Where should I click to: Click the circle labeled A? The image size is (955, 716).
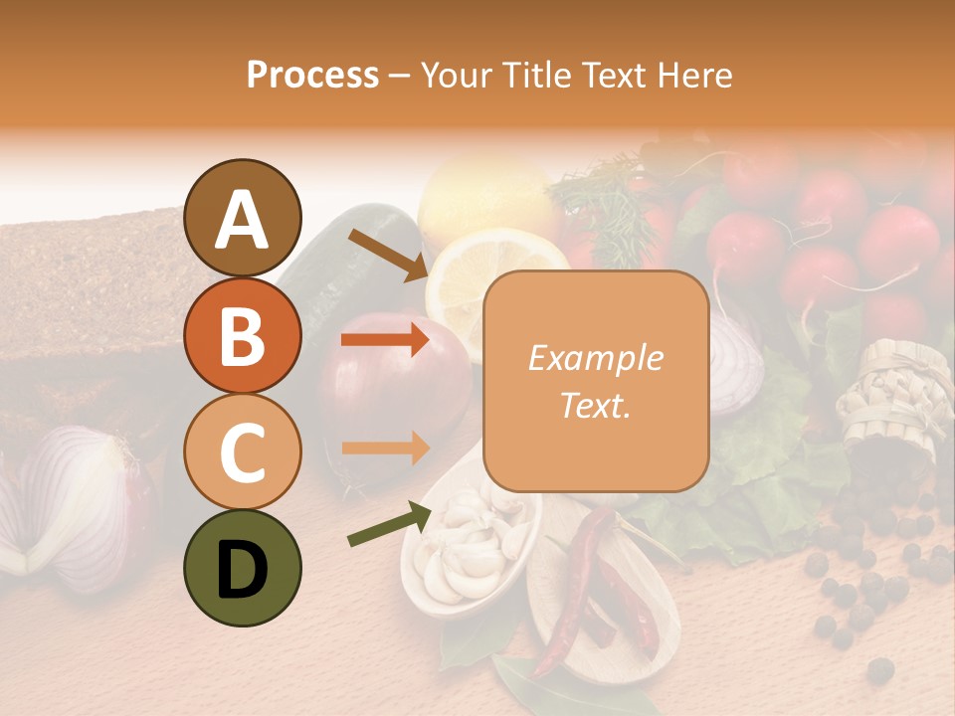coord(242,219)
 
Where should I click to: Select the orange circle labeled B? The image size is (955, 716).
coord(242,335)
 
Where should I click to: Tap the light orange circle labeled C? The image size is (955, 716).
coord(242,451)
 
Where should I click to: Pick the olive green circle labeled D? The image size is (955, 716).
coord(242,567)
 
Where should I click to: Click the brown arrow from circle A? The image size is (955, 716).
coord(387,255)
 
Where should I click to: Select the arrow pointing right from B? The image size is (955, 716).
coord(385,339)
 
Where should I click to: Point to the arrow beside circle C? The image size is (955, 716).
coord(385,447)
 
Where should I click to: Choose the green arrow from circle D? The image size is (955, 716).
coord(389,524)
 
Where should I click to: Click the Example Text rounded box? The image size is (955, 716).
coord(596,381)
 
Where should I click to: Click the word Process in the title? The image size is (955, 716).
coord(312,75)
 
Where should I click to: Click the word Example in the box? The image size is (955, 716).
coord(596,358)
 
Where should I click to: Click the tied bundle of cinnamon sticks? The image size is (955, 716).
coord(890,398)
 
